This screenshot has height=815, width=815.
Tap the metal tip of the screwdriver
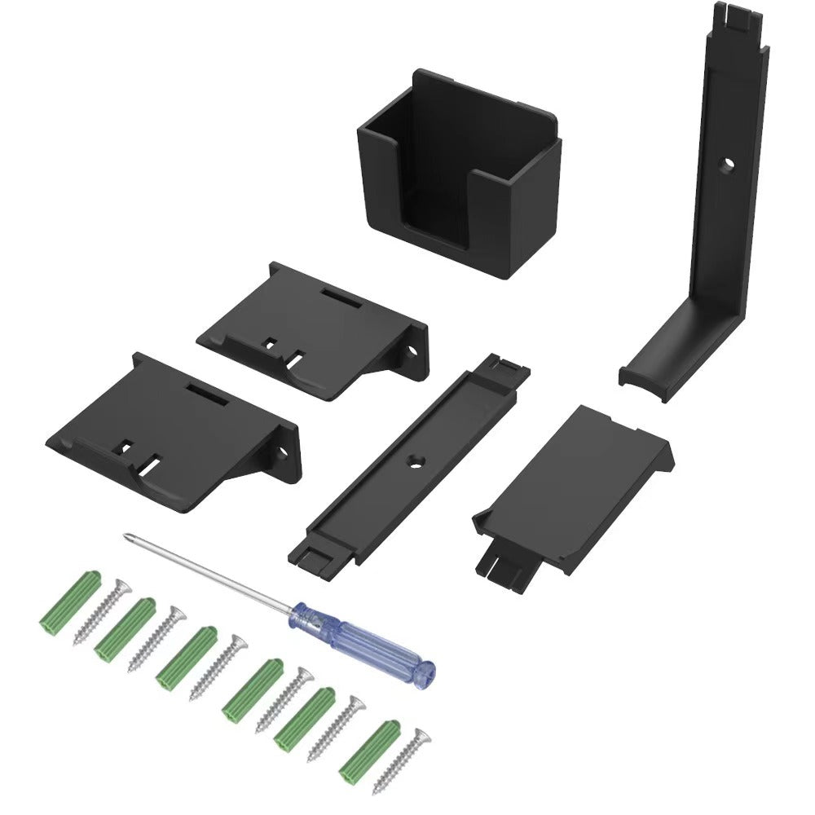[x=127, y=536]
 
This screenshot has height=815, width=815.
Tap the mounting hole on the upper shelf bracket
[x=412, y=353]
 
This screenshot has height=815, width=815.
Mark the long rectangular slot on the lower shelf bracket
[x=208, y=392]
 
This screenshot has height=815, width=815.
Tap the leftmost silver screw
[x=102, y=611]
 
